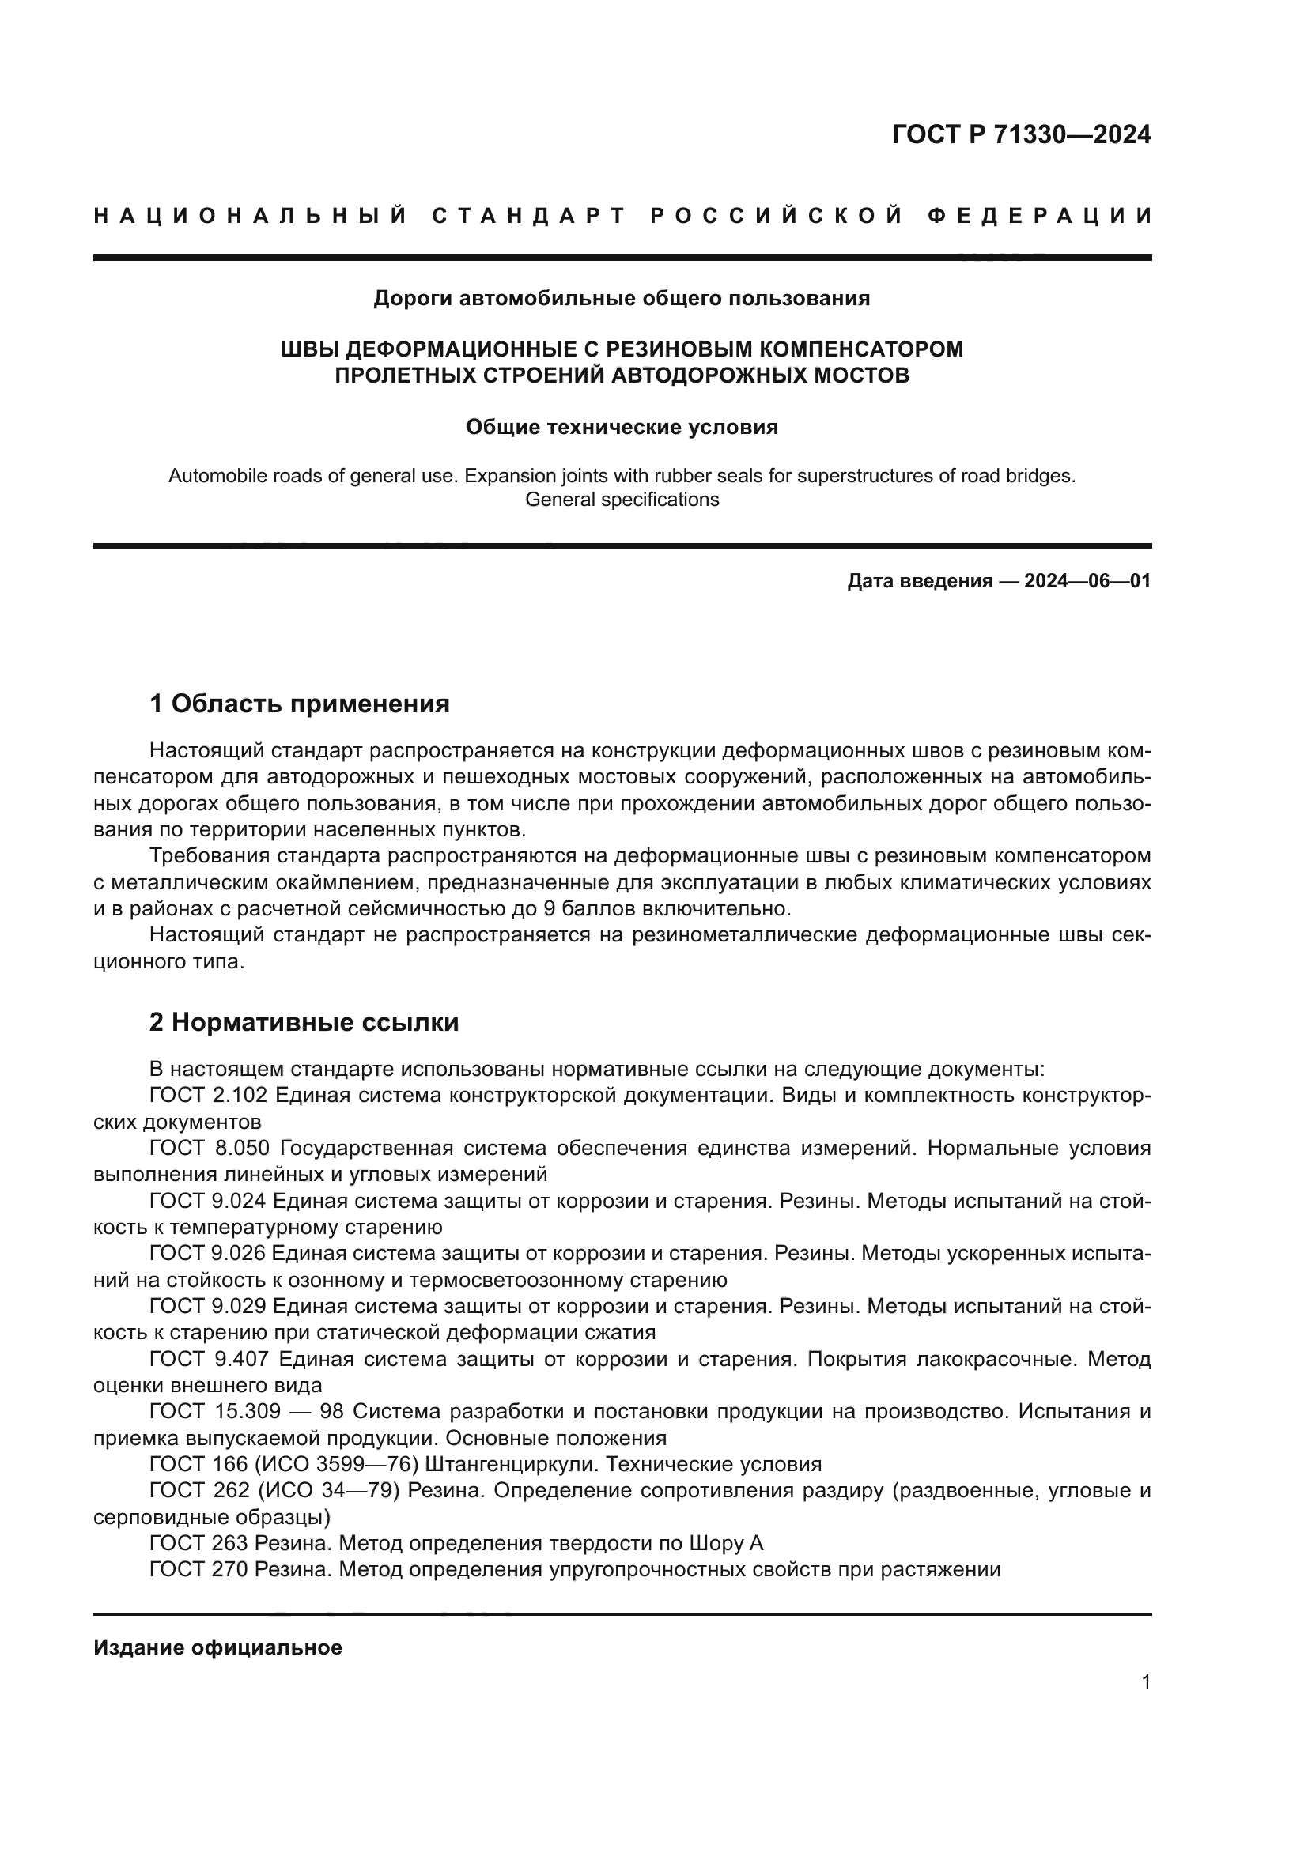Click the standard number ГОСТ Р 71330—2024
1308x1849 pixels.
1020,134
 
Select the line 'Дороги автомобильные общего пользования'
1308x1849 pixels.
622,299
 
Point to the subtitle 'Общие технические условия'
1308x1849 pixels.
622,428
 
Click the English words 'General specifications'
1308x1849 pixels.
622,500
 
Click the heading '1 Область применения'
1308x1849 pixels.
300,704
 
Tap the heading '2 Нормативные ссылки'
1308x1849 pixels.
304,1023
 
